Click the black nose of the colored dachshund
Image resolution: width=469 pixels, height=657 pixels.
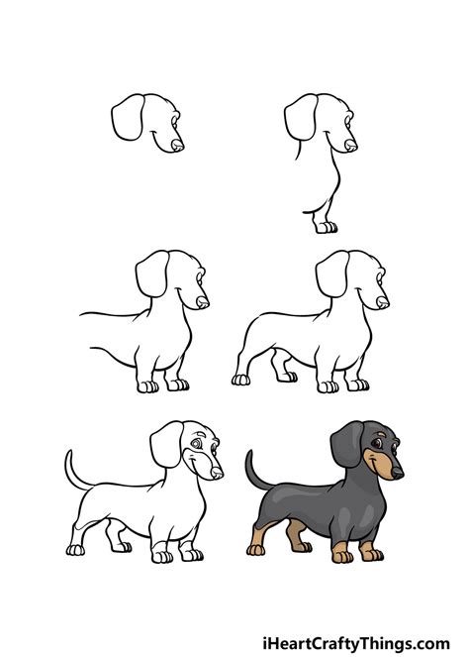tap(397, 473)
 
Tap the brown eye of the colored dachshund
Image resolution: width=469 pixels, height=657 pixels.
tap(377, 444)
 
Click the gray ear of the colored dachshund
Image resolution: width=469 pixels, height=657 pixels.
tap(347, 444)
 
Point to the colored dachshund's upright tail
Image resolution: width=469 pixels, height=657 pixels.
tap(256, 470)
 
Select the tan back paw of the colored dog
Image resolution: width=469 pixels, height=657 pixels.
tap(255, 549)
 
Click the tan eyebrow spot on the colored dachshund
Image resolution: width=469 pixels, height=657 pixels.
tap(380, 434)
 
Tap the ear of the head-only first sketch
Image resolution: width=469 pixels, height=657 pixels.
tap(128, 117)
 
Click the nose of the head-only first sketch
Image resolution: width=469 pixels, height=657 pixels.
tap(178, 145)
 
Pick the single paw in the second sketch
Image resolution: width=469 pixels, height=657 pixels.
tap(327, 227)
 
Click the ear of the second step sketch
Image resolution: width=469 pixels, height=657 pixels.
tap(301, 117)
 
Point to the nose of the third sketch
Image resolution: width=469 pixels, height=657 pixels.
tap(203, 302)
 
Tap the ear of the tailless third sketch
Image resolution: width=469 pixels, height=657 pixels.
tap(152, 274)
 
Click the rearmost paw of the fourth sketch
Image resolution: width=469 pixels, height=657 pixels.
tap(240, 380)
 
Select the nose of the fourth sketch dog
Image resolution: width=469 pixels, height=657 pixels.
tap(382, 302)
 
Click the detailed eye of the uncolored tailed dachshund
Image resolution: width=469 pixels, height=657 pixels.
tap(196, 443)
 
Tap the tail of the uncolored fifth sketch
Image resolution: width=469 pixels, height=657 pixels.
tap(76, 470)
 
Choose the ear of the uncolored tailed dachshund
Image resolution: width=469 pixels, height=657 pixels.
tap(166, 444)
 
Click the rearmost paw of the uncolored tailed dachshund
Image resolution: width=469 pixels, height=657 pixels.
tap(75, 549)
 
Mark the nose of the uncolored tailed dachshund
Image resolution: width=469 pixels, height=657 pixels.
tap(217, 473)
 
